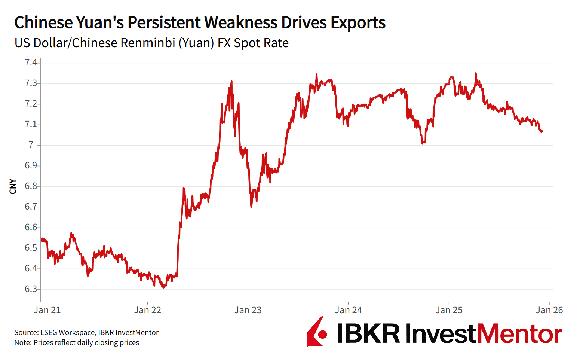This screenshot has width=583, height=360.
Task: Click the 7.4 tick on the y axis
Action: tap(31, 62)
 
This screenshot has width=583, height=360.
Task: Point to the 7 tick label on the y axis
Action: tap(31, 145)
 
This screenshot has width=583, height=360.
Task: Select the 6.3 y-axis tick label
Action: tap(31, 289)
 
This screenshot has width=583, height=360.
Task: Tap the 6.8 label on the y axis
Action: tap(31, 186)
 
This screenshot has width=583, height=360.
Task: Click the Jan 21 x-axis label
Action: tap(47, 310)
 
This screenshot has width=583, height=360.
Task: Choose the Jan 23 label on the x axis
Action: tap(248, 310)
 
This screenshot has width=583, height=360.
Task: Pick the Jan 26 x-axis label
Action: tap(549, 310)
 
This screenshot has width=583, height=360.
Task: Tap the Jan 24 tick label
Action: tap(348, 310)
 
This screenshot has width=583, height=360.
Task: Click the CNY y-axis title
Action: tap(13, 186)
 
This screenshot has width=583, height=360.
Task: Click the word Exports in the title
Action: tap(358, 23)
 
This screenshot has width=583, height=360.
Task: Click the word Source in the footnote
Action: tap(26, 332)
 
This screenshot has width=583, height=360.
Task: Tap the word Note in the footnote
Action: tap(22, 342)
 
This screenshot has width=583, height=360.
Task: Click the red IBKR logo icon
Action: tap(317, 332)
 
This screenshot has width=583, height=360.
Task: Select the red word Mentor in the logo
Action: tap(519, 333)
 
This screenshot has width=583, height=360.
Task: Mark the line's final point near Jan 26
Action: tap(542, 131)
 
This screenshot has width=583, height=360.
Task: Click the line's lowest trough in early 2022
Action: tap(163, 287)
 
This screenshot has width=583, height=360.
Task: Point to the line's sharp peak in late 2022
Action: tap(232, 81)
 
